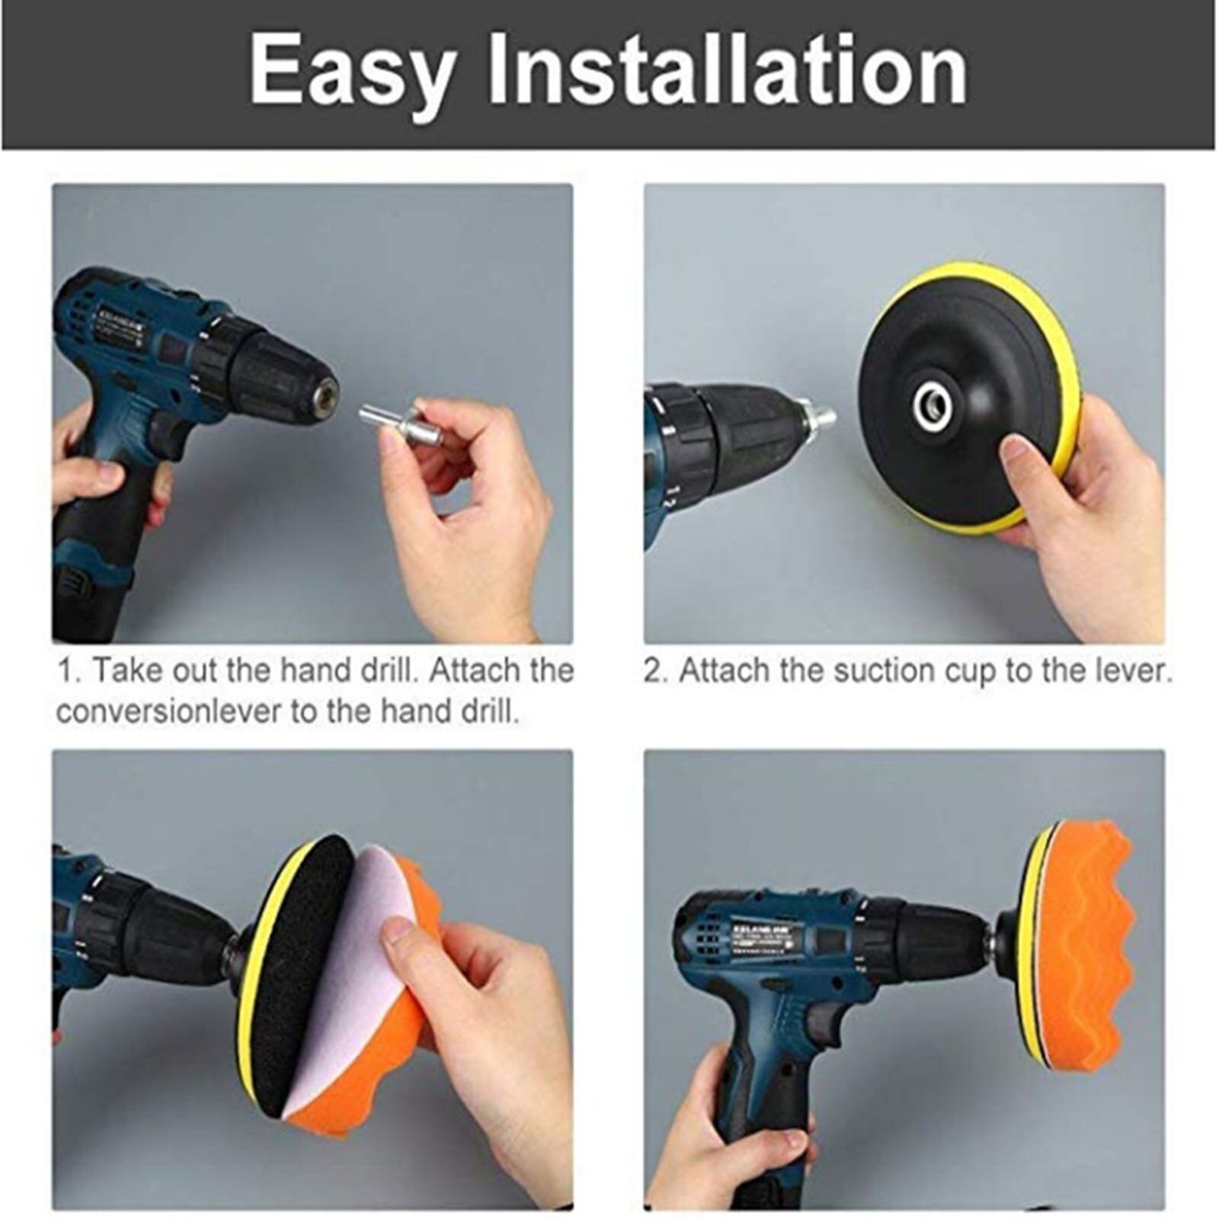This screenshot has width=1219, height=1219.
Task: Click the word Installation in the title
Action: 727,70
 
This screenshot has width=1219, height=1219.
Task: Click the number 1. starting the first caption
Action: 70,672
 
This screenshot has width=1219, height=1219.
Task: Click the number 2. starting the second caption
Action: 656,672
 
